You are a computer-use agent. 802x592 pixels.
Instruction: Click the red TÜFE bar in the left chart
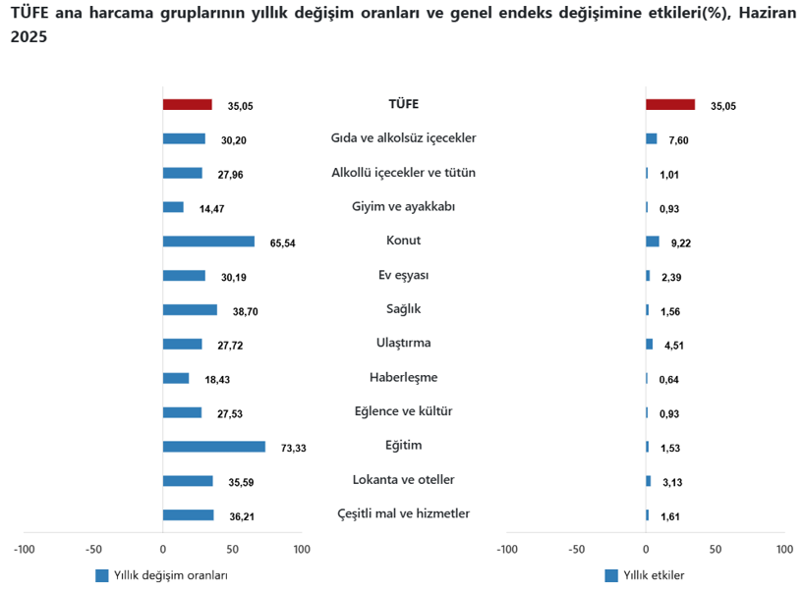coord(187,104)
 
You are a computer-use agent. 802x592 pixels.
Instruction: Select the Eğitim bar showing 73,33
coord(213,447)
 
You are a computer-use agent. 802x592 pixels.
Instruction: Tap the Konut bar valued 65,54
coord(208,242)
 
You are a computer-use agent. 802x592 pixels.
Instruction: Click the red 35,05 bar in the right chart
coord(670,104)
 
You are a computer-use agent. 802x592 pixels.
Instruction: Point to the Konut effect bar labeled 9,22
coord(653,242)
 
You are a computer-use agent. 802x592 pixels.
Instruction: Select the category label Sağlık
coord(403,309)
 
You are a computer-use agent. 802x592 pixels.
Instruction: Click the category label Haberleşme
coord(403,377)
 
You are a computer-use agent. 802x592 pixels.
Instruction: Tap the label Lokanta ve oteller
coord(403,480)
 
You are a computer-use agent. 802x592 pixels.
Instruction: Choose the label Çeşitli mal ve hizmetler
coord(403,513)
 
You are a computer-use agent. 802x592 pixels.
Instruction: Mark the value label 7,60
coord(678,140)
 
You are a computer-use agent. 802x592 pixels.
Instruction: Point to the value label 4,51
coord(674,346)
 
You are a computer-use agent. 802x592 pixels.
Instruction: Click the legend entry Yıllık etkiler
coord(654,575)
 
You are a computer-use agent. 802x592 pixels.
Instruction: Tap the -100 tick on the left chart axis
coord(24,549)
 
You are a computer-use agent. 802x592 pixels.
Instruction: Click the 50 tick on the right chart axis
coord(716,549)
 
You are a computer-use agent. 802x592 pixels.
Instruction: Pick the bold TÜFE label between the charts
coord(403,103)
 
